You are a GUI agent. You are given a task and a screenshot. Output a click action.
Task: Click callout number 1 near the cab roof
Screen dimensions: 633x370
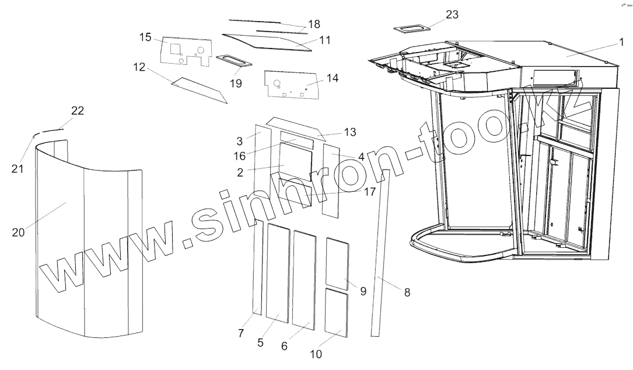622,42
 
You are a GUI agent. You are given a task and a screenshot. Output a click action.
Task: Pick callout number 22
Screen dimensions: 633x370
78,111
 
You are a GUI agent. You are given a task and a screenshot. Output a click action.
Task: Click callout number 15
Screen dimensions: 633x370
145,38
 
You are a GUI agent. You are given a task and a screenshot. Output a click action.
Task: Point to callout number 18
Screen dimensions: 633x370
314,24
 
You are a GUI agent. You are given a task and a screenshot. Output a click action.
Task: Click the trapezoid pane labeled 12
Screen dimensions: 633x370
198,89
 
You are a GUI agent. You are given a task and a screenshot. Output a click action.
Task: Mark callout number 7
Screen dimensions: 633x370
241,333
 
